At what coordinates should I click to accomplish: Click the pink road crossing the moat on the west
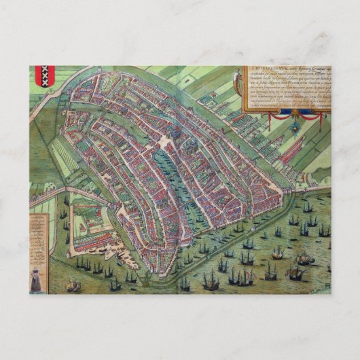[51, 193]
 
